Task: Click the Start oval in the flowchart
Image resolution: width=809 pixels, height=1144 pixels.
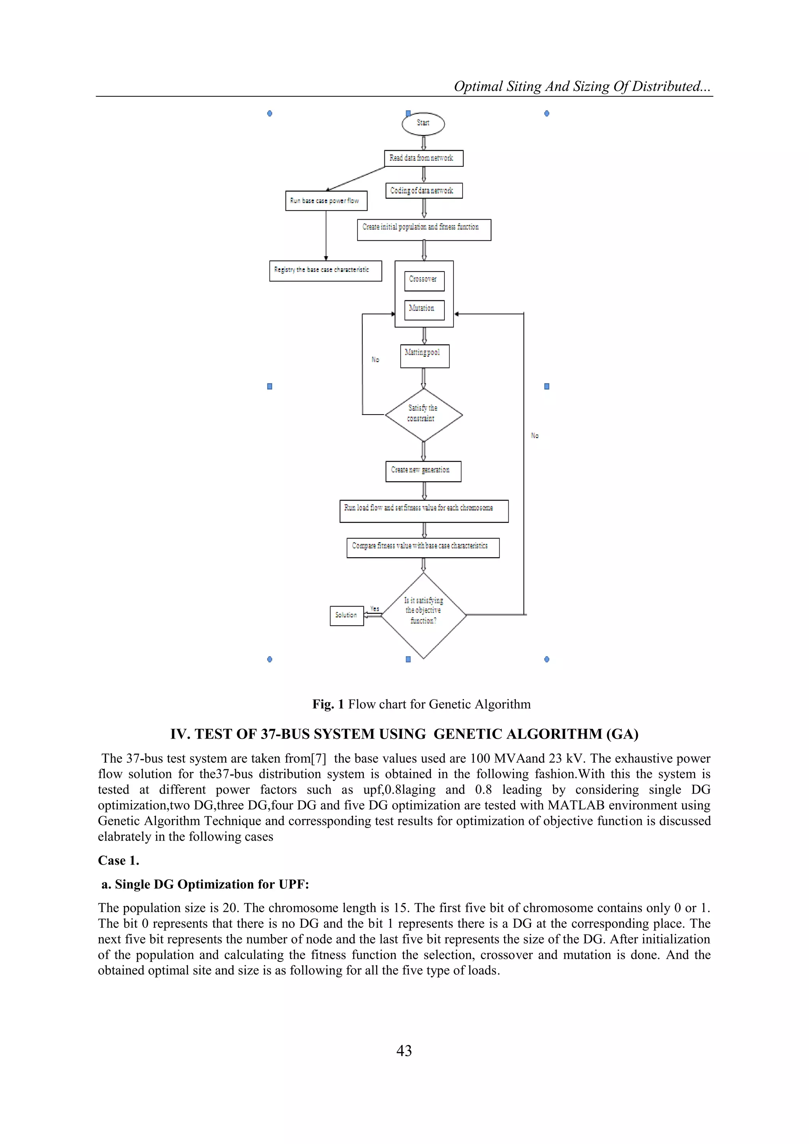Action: pos(423,124)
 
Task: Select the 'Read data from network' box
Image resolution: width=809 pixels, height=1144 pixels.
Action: pos(423,158)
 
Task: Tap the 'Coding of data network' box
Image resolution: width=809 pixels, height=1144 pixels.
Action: pos(424,191)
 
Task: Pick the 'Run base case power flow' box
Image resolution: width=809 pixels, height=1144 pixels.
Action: pos(326,201)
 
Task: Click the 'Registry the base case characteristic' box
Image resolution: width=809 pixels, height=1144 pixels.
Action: pos(325,271)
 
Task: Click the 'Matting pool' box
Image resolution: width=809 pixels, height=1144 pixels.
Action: pos(424,356)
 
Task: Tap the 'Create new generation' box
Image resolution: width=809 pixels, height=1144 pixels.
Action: pos(423,471)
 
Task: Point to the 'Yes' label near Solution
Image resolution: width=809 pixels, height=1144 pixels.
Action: pos(374,609)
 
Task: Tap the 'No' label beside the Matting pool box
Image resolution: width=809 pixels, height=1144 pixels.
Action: pos(375,359)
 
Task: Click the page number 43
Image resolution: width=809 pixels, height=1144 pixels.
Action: pos(404,1050)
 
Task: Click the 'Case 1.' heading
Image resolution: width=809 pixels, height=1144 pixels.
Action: pos(119,861)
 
